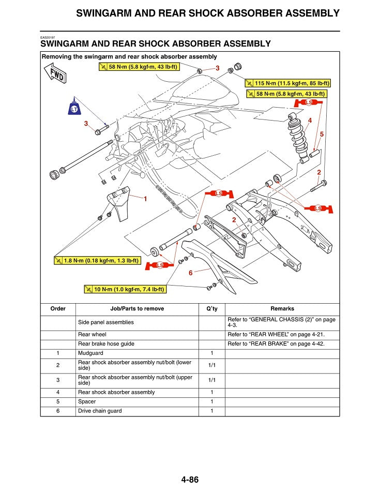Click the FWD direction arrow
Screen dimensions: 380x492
click(55, 73)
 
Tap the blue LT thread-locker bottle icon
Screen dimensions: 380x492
click(74, 107)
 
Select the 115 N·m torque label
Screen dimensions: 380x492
click(288, 83)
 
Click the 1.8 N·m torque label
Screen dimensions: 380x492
click(97, 260)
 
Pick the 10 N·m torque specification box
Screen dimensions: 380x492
click(125, 289)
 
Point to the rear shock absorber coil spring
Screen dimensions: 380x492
click(298, 138)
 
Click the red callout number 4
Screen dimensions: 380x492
click(310, 120)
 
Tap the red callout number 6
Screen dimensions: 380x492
click(191, 273)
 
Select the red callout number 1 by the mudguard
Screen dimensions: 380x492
click(145, 199)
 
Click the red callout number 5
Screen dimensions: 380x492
click(322, 135)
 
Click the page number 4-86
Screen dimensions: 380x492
click(190, 480)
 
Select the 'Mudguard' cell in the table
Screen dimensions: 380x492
click(90, 353)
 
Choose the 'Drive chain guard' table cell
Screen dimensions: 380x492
click(100, 411)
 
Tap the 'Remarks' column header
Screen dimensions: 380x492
click(282, 308)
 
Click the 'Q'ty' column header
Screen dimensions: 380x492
click(212, 308)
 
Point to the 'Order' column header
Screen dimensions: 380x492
click(58, 308)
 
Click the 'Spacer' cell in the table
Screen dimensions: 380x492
click(87, 401)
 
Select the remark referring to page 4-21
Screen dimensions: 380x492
click(276, 335)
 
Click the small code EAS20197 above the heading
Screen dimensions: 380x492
click(48, 37)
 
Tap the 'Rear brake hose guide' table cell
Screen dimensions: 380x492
click(107, 344)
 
